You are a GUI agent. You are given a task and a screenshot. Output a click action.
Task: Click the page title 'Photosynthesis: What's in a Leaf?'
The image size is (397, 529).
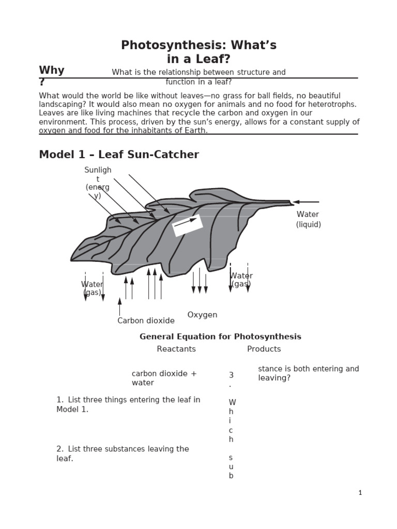click(x=198, y=52)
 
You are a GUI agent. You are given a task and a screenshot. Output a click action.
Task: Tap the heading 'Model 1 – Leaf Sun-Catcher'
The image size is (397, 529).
click(x=119, y=154)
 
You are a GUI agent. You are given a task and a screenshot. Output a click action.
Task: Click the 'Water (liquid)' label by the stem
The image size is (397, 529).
click(x=308, y=219)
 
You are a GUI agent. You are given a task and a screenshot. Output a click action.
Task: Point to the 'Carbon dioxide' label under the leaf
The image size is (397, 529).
click(x=146, y=321)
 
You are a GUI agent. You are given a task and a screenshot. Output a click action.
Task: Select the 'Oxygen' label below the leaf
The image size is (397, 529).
click(x=202, y=315)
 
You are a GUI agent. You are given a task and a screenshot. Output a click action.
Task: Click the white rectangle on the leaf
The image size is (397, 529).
click(x=187, y=225)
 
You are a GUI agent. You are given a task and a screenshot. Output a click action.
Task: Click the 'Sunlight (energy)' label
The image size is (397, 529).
click(x=98, y=183)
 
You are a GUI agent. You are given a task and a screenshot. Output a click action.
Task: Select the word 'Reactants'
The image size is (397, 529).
click(x=176, y=349)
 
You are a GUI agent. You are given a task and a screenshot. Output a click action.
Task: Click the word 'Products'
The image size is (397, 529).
click(x=264, y=349)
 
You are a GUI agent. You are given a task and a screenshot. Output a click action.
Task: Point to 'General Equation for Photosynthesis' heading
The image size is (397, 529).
click(x=220, y=337)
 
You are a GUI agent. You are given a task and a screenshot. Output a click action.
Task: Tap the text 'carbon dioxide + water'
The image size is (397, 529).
click(x=164, y=378)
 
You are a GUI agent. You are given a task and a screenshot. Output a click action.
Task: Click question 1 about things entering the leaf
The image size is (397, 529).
click(x=128, y=404)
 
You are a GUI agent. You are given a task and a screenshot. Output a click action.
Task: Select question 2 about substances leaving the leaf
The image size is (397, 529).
click(x=123, y=454)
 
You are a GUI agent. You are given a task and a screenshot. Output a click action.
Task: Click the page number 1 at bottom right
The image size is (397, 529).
click(x=360, y=493)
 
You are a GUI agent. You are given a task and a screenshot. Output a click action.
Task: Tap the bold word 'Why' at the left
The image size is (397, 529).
click(x=52, y=71)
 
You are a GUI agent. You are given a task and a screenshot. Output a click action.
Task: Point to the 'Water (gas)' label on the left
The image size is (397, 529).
click(x=92, y=288)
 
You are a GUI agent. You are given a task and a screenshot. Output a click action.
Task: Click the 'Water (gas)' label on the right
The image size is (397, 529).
click(x=241, y=279)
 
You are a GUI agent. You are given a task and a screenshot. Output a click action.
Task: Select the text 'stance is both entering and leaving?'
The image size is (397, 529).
click(x=308, y=373)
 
